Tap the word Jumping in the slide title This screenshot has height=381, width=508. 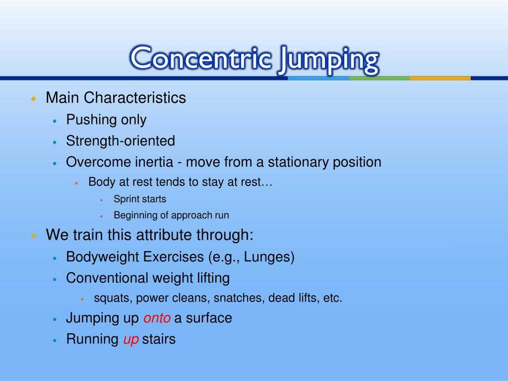[327, 60]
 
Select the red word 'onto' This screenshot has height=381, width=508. [157, 318]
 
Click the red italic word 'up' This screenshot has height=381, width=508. [131, 339]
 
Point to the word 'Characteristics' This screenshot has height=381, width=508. [135, 98]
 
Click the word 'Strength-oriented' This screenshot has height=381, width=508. [121, 141]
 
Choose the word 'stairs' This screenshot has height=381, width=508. [159, 339]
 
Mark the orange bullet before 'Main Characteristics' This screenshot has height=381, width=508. [33, 99]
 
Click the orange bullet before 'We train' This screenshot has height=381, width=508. [33, 236]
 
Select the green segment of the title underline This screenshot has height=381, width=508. [379, 78]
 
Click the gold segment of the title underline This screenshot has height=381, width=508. [440, 78]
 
